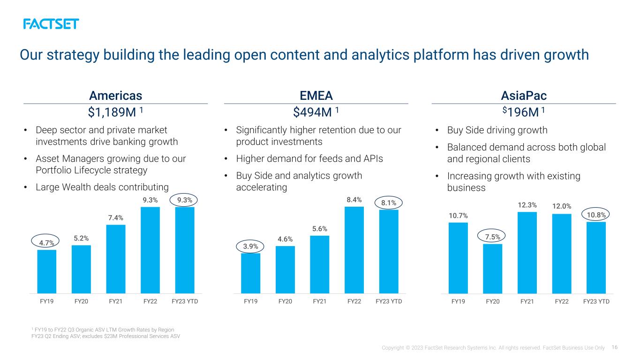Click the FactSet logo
click(x=51, y=24)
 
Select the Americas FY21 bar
click(x=116, y=259)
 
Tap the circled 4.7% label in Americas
click(x=45, y=241)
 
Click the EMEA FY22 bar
click(x=354, y=250)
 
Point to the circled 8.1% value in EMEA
click(x=389, y=203)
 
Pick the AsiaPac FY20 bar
click(x=493, y=269)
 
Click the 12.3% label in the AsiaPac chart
click(x=527, y=205)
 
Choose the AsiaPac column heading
click(x=524, y=96)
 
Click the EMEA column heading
click(x=316, y=96)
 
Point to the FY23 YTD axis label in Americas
click(x=185, y=301)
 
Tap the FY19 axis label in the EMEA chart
click(x=250, y=301)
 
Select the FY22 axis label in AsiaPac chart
click(x=562, y=301)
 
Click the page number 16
click(x=615, y=347)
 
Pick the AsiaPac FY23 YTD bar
click(x=596, y=258)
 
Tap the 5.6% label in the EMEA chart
click(x=319, y=229)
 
